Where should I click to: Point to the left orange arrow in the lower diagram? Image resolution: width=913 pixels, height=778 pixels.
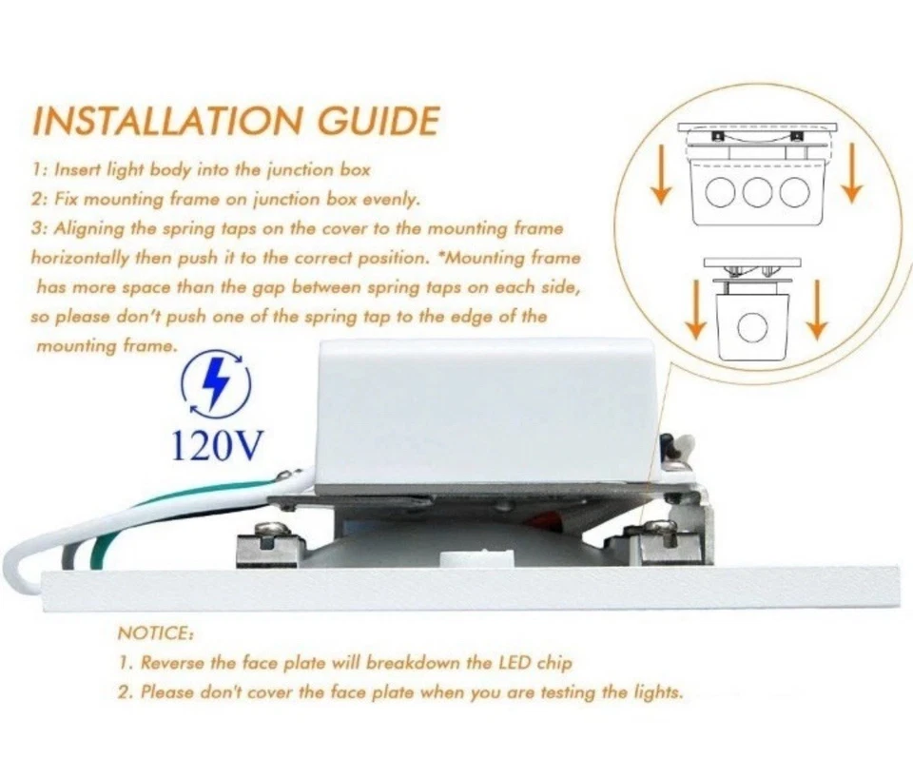coord(696,315)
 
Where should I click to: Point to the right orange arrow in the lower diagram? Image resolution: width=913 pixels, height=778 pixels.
coord(815,315)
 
